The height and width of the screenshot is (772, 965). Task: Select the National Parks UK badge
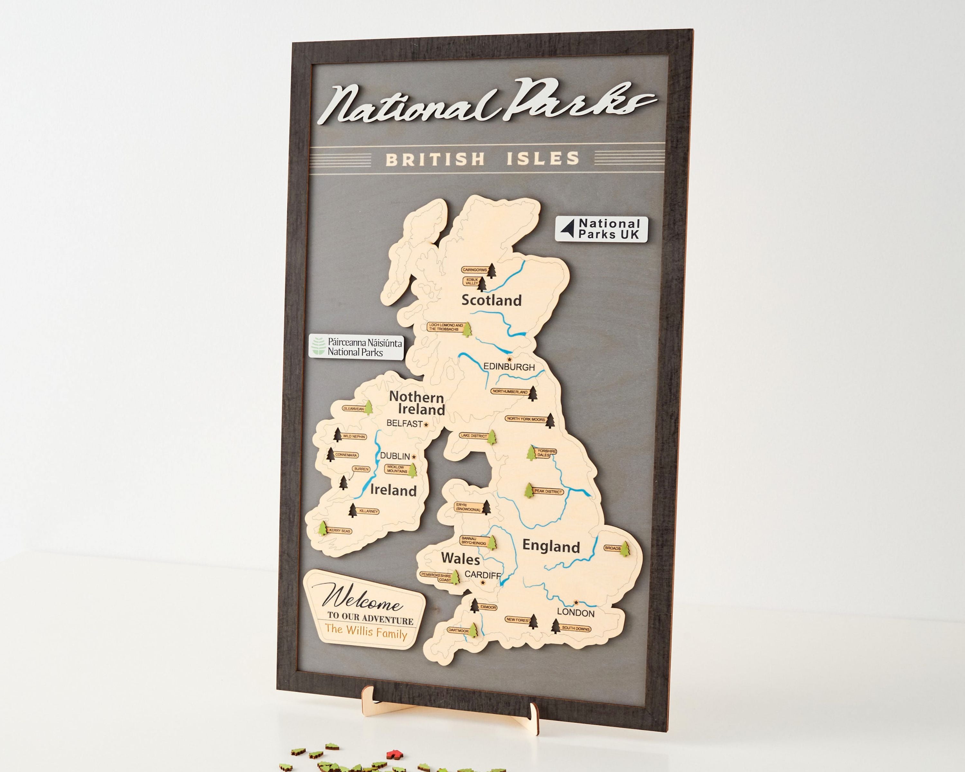(601, 229)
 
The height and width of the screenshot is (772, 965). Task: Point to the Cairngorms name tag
(475, 270)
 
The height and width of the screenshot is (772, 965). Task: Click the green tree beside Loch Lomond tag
(467, 329)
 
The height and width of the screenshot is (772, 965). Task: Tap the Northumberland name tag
(510, 391)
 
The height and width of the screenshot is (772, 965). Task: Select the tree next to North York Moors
(550, 421)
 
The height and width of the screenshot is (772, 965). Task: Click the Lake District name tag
(473, 436)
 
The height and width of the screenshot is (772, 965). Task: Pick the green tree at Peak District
(529, 490)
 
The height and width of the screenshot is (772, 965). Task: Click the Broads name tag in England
(612, 548)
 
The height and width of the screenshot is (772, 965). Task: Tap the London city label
(575, 613)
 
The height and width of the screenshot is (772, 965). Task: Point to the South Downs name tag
(575, 628)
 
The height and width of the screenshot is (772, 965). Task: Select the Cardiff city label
(482, 574)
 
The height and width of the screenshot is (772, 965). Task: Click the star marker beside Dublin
(414, 457)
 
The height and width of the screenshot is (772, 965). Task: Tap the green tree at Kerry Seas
(322, 528)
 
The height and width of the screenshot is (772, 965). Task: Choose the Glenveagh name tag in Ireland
(354, 409)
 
